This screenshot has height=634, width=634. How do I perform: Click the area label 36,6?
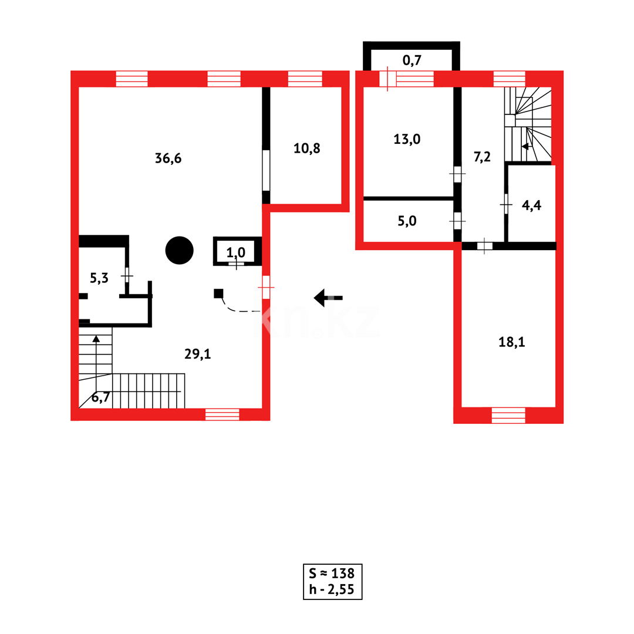coord(168,158)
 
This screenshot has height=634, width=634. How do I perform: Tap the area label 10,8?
coord(306,148)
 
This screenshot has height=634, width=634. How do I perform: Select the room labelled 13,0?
coord(407,139)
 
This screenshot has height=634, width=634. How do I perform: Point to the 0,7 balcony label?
coord(412,59)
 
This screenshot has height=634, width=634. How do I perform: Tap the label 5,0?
coord(407,221)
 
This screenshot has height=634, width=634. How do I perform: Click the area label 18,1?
coord(511,342)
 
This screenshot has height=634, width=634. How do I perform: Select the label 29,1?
coord(197,353)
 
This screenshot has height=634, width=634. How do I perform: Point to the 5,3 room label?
coord(99,278)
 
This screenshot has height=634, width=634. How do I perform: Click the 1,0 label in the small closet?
coord(236,254)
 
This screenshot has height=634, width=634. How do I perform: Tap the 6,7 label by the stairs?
coord(101,398)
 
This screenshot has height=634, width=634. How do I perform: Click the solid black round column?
coord(180,251)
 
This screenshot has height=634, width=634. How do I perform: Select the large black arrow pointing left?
coord(328,298)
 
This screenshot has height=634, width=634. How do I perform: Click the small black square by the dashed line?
coord(218,293)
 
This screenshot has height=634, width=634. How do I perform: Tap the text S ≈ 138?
coord(332,574)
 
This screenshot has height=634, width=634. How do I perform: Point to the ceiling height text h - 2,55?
coord(332,589)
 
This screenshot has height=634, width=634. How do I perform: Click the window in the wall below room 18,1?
coord(508,415)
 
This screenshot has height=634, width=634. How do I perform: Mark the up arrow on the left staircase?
coord(96,339)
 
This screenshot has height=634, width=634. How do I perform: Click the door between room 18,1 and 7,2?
coord(484,246)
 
